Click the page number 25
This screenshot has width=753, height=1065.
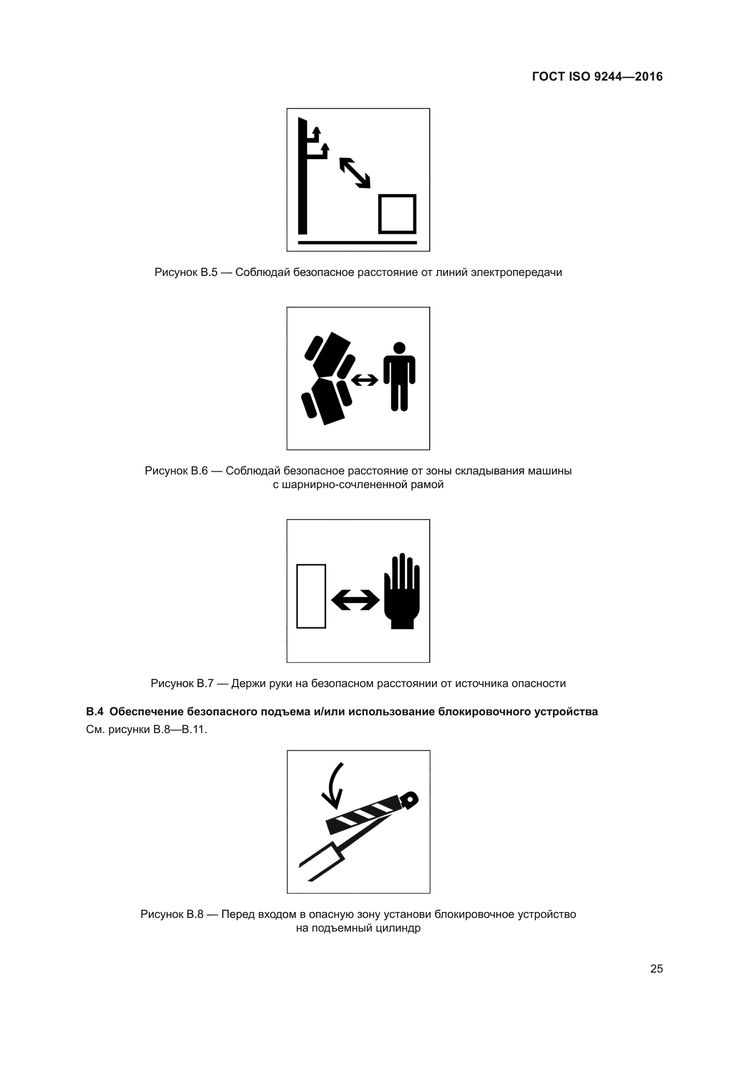click(656, 968)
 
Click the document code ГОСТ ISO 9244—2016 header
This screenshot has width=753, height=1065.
click(597, 76)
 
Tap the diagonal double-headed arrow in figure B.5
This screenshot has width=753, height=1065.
click(355, 173)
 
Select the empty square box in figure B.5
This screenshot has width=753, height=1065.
click(397, 214)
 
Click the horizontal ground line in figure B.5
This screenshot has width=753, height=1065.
click(357, 242)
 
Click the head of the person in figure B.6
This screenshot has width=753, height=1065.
click(399, 348)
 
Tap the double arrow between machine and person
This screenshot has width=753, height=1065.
click(365, 380)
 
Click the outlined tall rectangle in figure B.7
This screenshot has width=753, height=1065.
click(310, 596)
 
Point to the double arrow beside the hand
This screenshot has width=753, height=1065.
click(355, 600)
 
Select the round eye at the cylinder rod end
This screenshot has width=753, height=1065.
click(410, 799)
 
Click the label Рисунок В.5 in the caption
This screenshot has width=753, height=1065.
click(185, 272)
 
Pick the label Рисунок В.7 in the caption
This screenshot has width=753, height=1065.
click(182, 683)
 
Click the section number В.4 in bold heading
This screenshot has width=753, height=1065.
click(95, 712)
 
